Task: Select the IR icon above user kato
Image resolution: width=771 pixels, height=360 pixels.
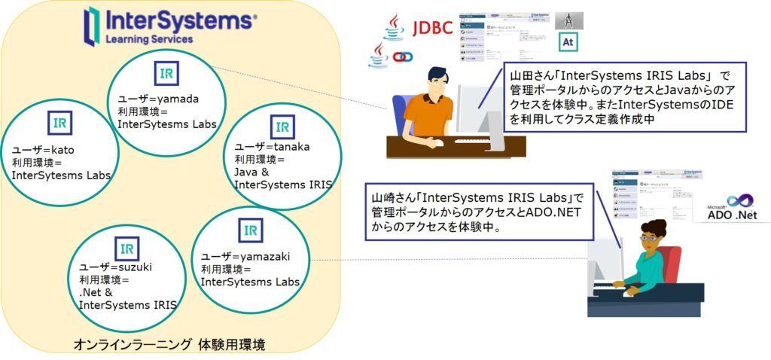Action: point(59,122)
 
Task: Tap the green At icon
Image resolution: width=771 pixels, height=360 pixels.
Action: point(568,42)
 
